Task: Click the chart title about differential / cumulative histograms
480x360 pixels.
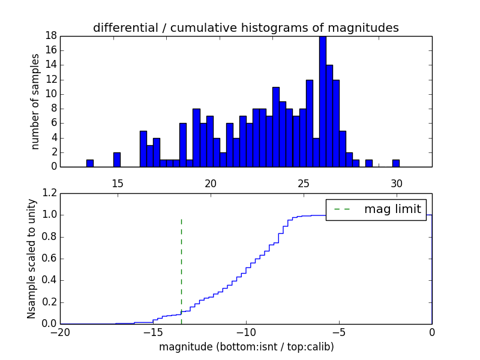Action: click(245, 28)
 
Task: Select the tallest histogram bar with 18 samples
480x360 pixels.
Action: click(323, 101)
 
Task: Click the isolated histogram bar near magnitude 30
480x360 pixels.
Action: click(396, 163)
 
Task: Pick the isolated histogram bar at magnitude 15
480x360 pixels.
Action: click(117, 160)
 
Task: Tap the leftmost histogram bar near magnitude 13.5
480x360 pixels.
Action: click(90, 163)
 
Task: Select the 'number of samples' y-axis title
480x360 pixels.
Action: click(35, 101)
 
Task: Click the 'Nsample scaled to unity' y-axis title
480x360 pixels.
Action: click(31, 259)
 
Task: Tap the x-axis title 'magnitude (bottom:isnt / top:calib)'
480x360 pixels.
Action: click(246, 347)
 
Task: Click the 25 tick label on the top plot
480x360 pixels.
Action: click(304, 183)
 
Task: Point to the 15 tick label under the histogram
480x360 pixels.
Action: click(117, 183)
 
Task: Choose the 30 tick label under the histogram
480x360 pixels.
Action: click(396, 183)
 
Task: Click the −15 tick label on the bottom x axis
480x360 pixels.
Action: click(153, 332)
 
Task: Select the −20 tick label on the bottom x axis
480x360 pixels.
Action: click(60, 332)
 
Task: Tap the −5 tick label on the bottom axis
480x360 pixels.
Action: click(339, 332)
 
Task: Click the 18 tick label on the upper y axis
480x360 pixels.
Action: click(50, 35)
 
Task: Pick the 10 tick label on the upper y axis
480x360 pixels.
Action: click(50, 94)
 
